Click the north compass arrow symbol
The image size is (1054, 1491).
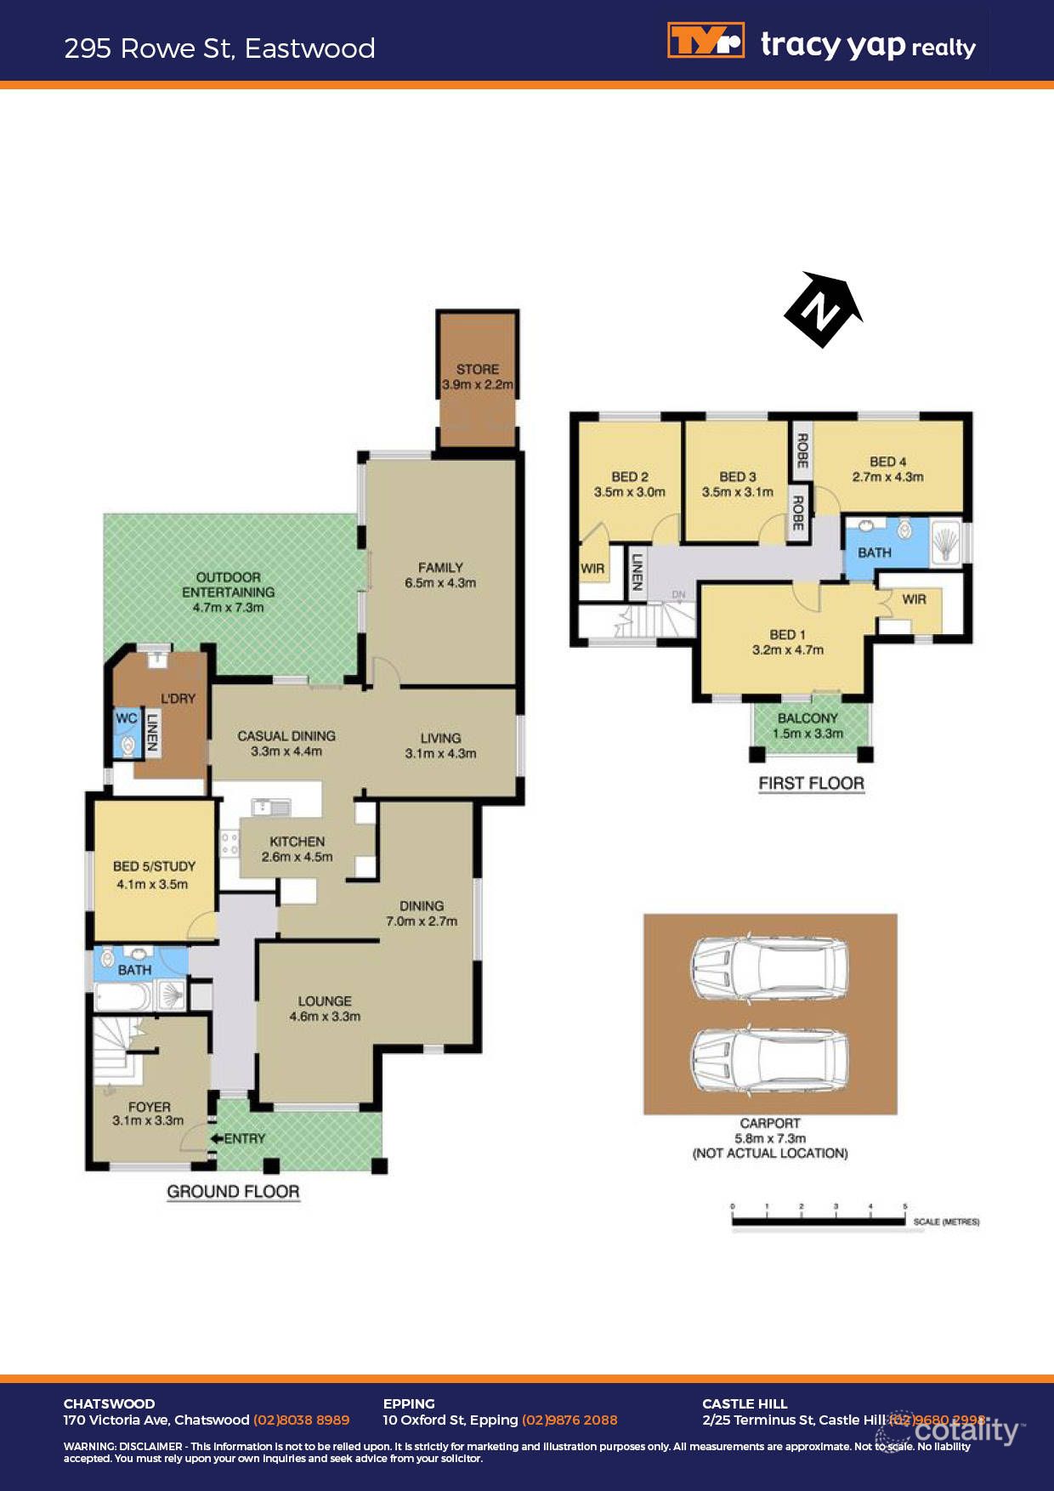[x=822, y=310]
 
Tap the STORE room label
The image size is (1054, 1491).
[x=477, y=369]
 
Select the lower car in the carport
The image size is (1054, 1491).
[x=769, y=1060]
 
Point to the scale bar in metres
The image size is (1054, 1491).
[x=819, y=1222]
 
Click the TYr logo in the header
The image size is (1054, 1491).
[x=705, y=41]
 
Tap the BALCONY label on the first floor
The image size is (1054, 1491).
[x=807, y=718]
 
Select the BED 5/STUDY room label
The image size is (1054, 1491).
[x=154, y=866]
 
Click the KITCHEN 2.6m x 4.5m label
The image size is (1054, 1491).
[x=297, y=849]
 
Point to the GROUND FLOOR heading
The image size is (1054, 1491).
[x=233, y=1192]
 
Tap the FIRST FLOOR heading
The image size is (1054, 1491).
[x=811, y=784]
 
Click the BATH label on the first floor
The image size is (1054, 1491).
[x=874, y=553]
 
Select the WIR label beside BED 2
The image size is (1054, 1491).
[x=592, y=569]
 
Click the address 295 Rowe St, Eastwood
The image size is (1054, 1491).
[x=219, y=48]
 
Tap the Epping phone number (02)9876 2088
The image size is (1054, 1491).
[x=569, y=1420]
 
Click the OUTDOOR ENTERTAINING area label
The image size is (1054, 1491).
[x=228, y=592]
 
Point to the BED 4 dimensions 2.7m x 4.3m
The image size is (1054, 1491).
[x=887, y=478]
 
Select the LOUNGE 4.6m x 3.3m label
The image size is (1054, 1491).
[x=325, y=1009]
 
